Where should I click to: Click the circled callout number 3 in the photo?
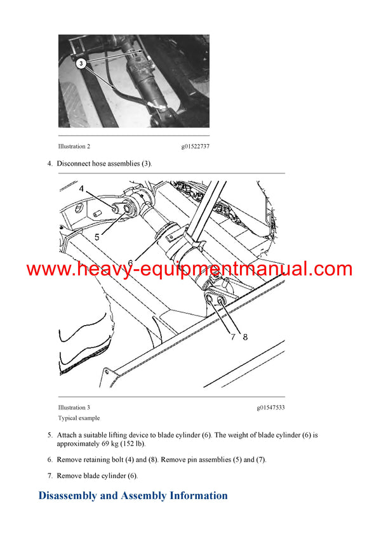coord(81,63)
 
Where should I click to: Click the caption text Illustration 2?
coord(74,147)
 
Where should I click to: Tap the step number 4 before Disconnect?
coord(50,164)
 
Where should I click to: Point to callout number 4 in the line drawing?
coord(81,189)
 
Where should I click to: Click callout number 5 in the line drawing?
coord(97,236)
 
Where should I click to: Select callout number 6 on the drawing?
coord(130,262)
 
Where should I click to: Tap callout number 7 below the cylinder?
coord(232,337)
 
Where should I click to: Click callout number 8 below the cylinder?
coord(245,337)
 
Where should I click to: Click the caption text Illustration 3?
coord(74,408)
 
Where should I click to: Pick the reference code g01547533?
coord(271,408)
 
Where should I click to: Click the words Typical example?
coord(79,418)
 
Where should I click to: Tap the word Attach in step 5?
coord(68,435)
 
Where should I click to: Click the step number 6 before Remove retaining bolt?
coord(50,460)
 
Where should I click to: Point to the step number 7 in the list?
coord(50,476)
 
